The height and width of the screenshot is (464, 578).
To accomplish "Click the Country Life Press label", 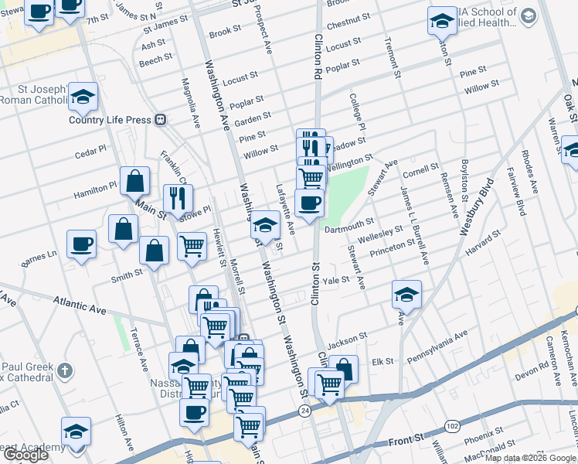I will click(x=108, y=120).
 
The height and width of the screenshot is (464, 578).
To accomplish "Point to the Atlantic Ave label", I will click(x=80, y=305).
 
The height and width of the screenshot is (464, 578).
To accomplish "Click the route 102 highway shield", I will click(x=450, y=426).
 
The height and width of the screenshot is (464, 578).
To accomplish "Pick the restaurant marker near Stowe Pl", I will click(x=178, y=199).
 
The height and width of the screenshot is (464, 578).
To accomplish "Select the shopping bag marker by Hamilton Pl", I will click(x=135, y=183).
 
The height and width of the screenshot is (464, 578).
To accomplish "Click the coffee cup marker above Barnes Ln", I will click(x=82, y=245).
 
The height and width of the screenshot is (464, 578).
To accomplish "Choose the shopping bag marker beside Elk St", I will click(x=344, y=370).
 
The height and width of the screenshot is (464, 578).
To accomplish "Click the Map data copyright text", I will click(x=530, y=458).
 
